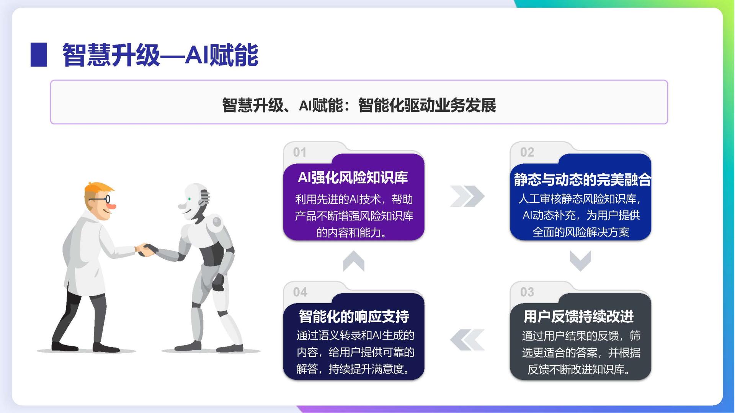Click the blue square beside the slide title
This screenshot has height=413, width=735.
(39, 55)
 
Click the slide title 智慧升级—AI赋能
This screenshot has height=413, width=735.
(160, 55)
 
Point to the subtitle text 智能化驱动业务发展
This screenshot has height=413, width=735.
(427, 105)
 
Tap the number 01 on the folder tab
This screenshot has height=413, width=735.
(300, 152)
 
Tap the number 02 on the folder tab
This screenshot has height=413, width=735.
(527, 152)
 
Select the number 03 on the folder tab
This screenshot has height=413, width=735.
(527, 292)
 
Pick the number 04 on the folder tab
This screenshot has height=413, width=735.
(300, 292)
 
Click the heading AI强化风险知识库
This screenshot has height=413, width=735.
(353, 177)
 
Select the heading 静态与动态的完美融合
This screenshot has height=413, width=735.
(582, 180)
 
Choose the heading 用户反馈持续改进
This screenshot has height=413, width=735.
(579, 317)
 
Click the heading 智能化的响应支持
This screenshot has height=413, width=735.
(354, 317)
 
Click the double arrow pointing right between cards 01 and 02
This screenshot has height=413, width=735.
(467, 196)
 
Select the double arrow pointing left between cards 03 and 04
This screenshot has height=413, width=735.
(467, 340)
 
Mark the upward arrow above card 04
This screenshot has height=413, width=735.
(354, 261)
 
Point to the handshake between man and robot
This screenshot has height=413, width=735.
(147, 250)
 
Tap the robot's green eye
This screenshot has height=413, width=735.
(189, 199)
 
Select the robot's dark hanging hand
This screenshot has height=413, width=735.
(218, 282)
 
